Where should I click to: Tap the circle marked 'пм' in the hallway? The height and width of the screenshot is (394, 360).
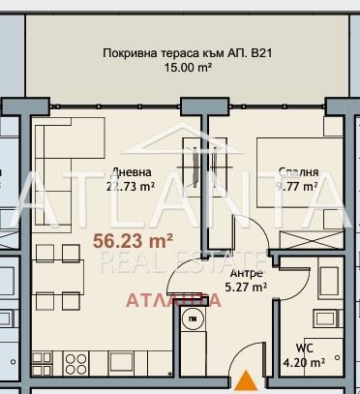(194, 320)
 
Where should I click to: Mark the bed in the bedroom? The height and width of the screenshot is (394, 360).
(290, 179)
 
